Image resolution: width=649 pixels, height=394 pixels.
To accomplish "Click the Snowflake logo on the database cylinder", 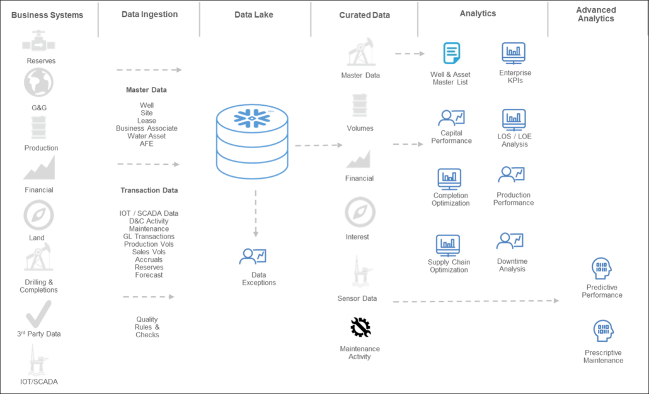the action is coord(251,118).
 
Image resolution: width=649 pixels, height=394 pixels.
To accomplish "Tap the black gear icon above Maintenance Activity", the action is coord(360,327).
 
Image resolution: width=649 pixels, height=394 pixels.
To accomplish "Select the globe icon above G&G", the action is coord(38,82).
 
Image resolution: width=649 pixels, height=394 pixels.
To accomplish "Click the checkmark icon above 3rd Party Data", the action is coord(38,314).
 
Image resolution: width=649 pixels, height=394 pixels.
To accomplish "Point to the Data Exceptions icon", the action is coord(253,256).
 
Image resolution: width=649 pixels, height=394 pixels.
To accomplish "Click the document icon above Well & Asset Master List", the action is coord(452,53).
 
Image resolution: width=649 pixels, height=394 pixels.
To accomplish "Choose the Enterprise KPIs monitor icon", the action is coord(514,53).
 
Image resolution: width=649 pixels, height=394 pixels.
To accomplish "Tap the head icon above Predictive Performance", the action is coord(601,269).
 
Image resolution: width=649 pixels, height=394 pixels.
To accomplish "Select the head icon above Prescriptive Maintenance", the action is coord(604,330).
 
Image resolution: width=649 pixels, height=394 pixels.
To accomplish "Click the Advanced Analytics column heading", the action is coord(596,14).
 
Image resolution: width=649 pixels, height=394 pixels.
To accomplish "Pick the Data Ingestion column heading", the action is coord(149,14).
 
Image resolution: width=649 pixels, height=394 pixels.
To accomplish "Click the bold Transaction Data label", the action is coord(149,190).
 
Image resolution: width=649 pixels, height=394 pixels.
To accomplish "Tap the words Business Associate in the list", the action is coord(147,128).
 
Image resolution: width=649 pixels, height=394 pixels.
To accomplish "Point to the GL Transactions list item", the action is coord(149,237).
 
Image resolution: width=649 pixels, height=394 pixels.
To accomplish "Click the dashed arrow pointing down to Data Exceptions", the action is coord(256,213).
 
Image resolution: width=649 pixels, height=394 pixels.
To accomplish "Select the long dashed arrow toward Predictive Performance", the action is coord(476,301).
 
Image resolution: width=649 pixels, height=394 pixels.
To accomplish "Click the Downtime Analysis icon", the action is coord(510,241).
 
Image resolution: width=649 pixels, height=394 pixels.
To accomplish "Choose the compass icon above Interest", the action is coord(360,212).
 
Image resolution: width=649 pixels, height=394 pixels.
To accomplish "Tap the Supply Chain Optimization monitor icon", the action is coord(448,245).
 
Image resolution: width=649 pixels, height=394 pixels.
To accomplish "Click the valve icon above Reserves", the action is coord(38,40).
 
